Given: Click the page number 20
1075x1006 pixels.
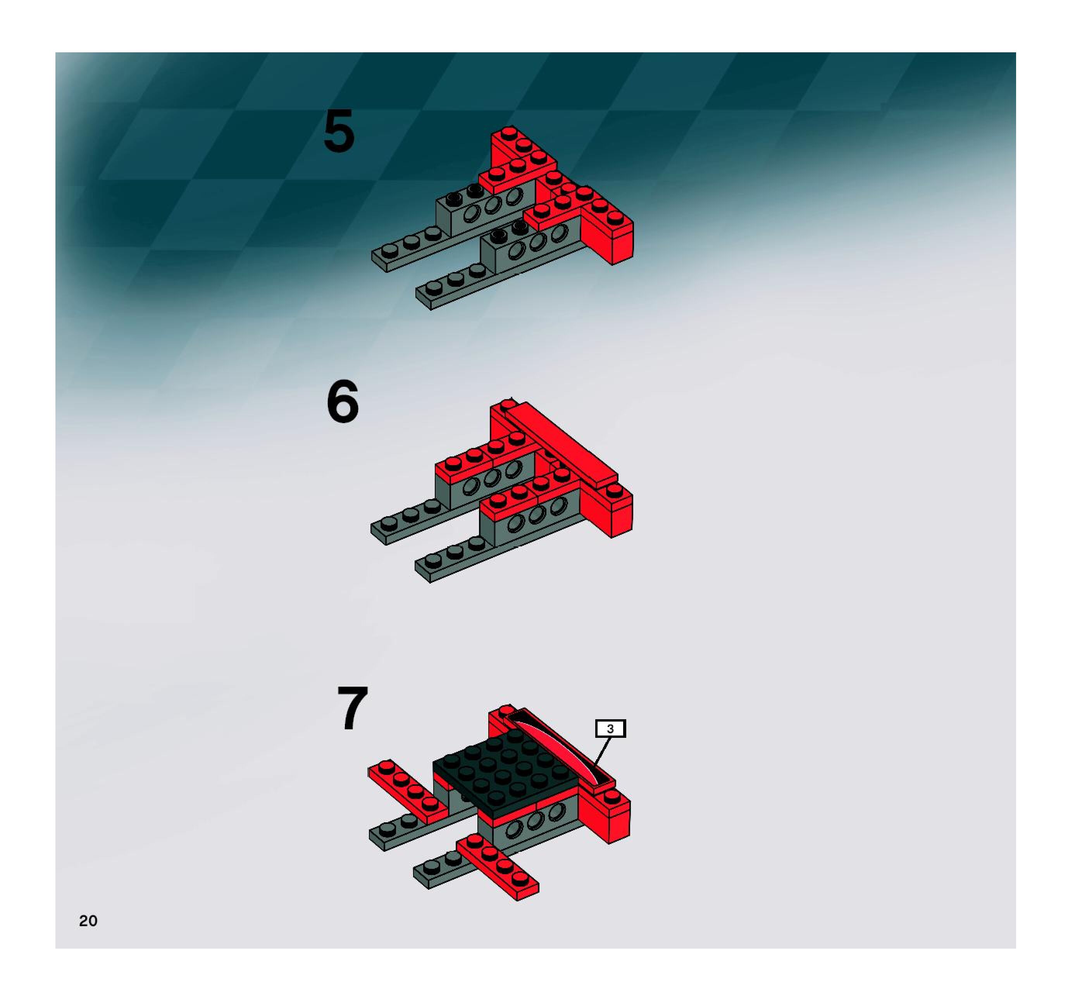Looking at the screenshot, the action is tap(88, 921).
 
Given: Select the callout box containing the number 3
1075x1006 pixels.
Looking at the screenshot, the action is tap(610, 729).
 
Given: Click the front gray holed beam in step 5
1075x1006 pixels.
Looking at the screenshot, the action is tap(532, 246).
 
